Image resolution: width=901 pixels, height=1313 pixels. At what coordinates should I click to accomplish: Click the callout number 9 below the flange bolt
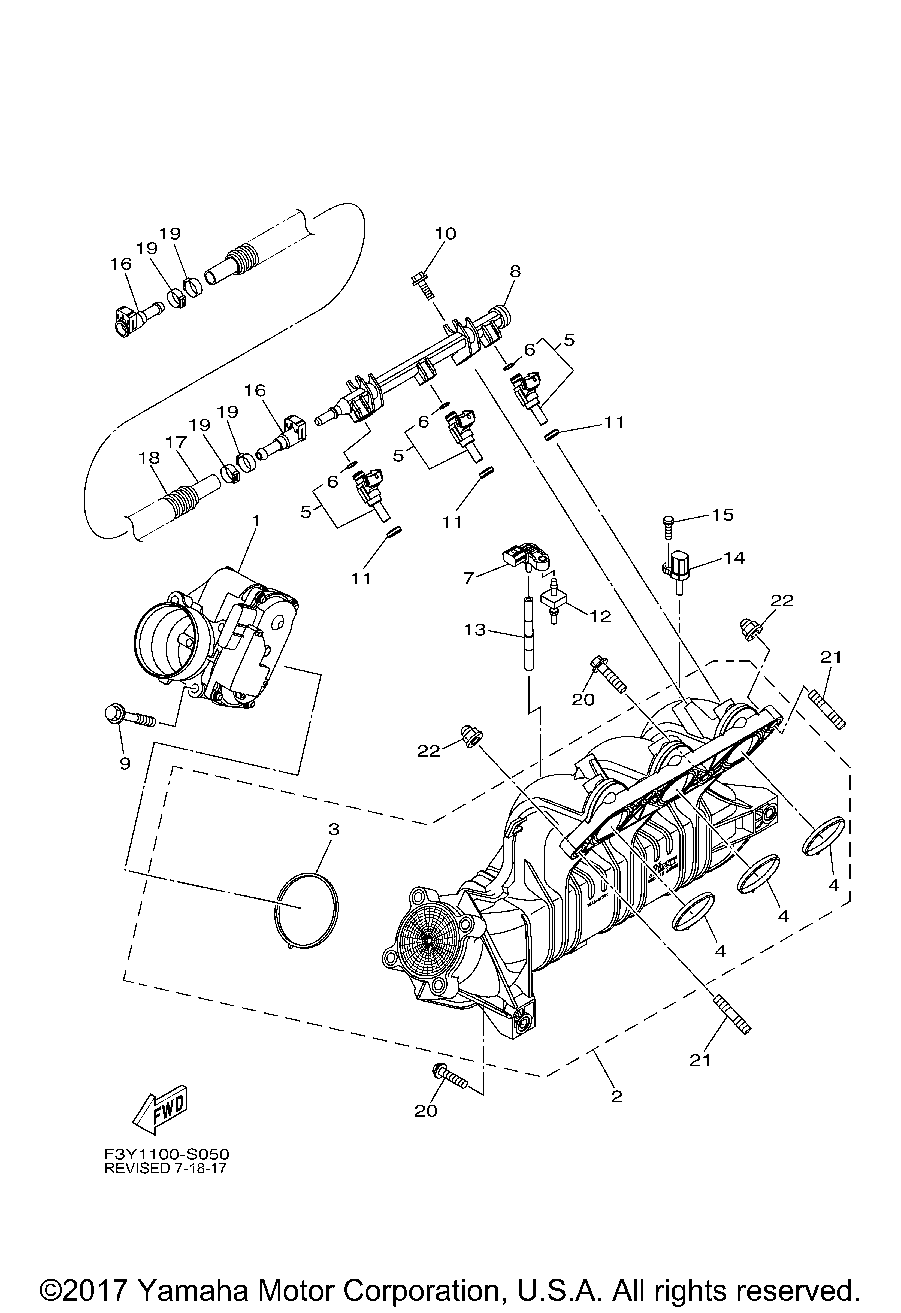[125, 764]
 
